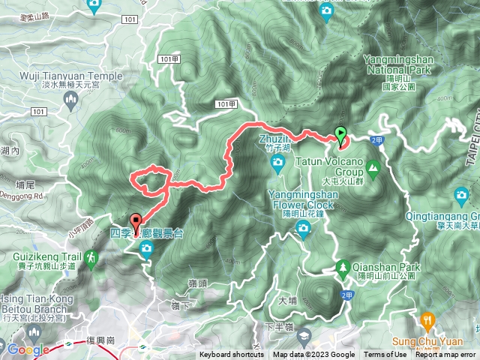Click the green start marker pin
(341, 136)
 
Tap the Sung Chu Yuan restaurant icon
(427, 319)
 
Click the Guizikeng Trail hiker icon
(91, 257)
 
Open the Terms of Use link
(385, 355)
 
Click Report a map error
(447, 355)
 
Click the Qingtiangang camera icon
(463, 197)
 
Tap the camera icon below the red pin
(147, 248)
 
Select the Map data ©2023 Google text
(314, 355)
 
